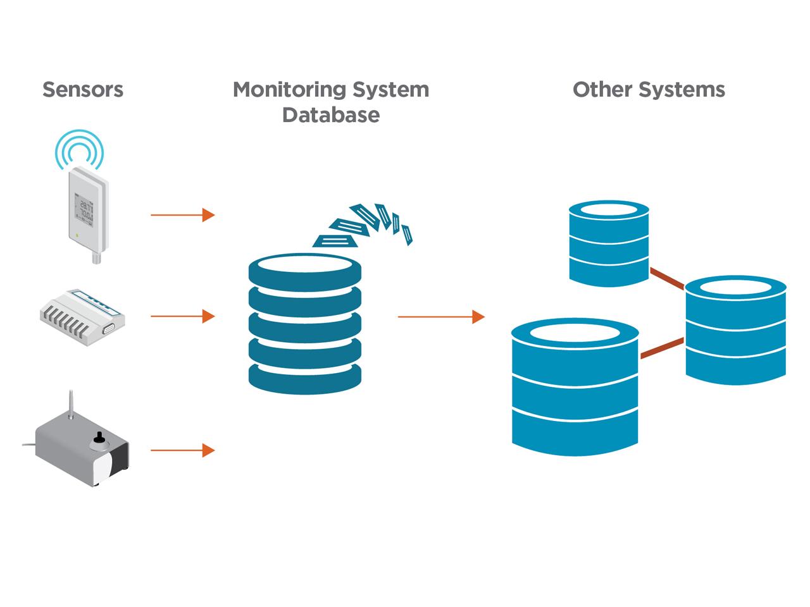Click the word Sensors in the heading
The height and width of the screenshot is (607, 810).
click(83, 89)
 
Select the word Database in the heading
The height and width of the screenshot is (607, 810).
click(331, 115)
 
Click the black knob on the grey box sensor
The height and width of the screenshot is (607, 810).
click(99, 438)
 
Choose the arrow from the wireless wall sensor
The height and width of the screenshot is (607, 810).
click(182, 215)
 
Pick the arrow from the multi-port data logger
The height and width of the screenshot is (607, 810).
click(182, 316)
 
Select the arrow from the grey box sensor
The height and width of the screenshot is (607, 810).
click(182, 450)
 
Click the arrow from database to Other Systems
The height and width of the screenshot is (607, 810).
click(440, 316)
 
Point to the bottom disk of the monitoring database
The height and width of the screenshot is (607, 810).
click(305, 376)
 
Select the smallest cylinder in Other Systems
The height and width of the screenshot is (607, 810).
click(609, 243)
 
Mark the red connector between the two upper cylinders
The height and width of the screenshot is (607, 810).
click(667, 278)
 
